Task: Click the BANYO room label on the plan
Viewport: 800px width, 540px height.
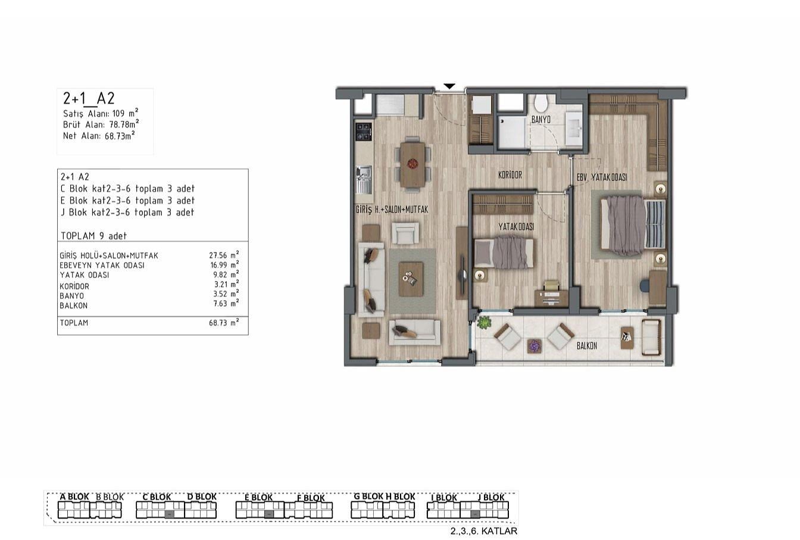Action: (x=540, y=119)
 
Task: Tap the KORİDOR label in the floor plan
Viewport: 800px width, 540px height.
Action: (x=510, y=175)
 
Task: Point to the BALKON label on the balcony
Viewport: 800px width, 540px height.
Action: (x=587, y=346)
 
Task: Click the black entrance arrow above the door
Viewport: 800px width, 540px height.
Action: (x=449, y=86)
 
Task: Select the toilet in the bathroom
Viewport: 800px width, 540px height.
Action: (x=541, y=102)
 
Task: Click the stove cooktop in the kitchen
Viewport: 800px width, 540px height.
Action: (x=364, y=132)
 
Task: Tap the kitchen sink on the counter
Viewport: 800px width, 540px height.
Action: (x=364, y=180)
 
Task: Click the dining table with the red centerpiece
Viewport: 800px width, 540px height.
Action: (x=413, y=165)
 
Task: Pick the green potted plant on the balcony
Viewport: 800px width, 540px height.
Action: (x=485, y=323)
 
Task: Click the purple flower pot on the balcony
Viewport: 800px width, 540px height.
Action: (x=535, y=346)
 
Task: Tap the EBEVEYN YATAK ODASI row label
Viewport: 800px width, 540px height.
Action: (x=102, y=266)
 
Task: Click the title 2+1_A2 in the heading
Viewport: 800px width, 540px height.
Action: (x=89, y=98)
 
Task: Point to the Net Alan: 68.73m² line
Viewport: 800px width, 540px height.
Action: (x=99, y=136)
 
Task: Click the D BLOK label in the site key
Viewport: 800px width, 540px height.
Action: (x=202, y=497)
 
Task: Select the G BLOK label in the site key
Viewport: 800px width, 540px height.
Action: (x=368, y=497)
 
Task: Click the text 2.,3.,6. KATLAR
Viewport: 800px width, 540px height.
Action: (x=484, y=531)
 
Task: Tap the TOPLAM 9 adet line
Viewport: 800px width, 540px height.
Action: (x=94, y=236)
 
